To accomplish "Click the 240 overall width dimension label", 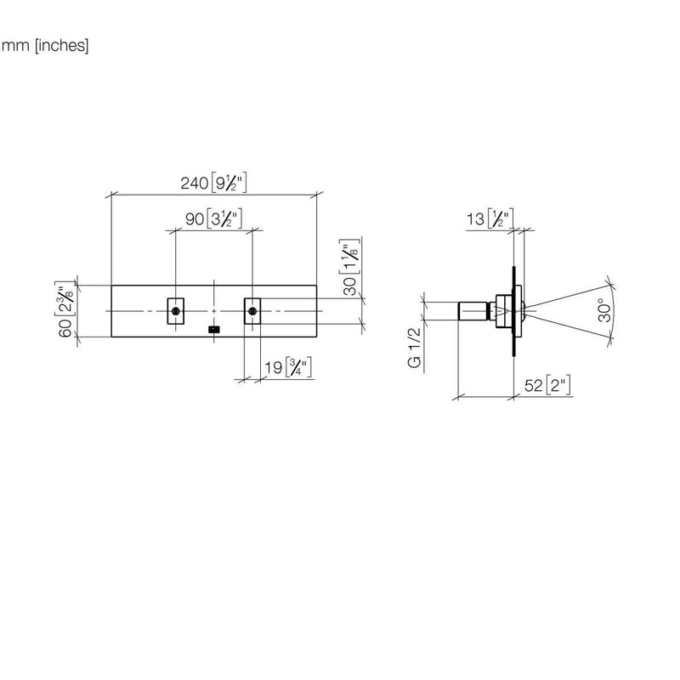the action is pos(213,183).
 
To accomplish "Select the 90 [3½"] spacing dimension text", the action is pos(213,218).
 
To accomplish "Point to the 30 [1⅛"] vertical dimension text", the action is pos(349,267).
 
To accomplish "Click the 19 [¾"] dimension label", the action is pos(288,367).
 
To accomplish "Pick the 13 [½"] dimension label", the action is pos(490,218).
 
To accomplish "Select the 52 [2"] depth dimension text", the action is pos(547,385).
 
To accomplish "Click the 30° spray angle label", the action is pos(605,309).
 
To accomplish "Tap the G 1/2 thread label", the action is pos(415,348).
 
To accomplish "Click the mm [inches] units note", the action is pos(45,45).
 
